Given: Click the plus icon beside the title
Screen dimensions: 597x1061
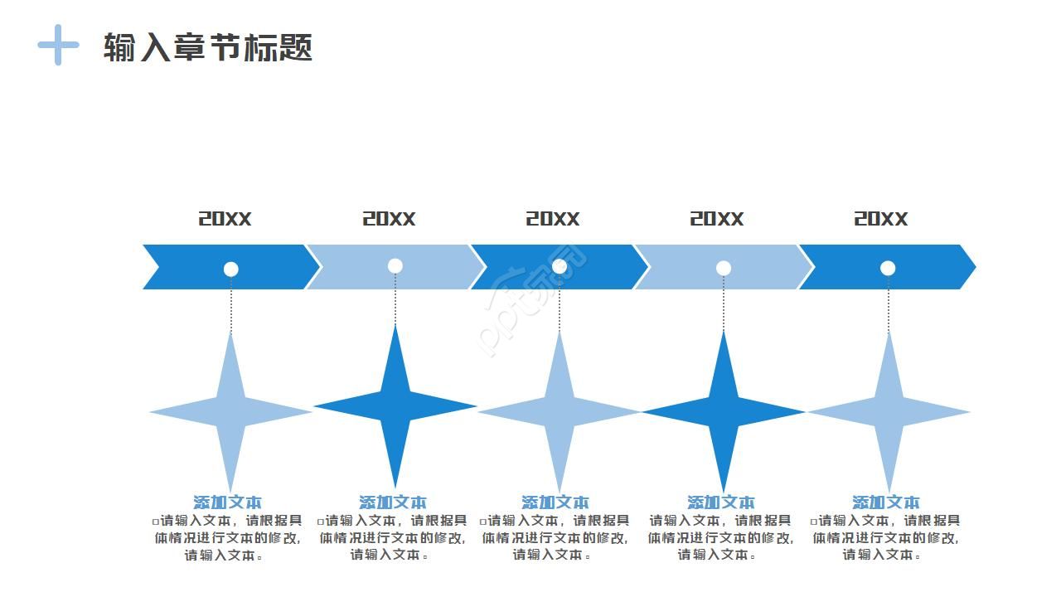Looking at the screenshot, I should [58, 45].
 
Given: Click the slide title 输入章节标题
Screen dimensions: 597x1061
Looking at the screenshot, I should [207, 47].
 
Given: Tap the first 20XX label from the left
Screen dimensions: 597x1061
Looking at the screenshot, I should [225, 219].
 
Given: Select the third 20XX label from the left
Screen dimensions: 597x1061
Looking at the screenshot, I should [553, 219].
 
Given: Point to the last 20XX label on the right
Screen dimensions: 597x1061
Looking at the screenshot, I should [881, 219].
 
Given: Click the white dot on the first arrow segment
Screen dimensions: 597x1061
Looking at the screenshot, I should [231, 269].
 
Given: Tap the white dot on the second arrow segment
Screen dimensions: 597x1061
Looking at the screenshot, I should [395, 266].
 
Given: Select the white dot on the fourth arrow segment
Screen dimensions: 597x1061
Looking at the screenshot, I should [724, 268].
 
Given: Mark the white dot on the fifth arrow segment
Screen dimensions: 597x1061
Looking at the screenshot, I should [888, 268].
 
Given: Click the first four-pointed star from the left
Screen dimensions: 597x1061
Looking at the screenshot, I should [230, 411].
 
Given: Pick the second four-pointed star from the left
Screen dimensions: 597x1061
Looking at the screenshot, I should [395, 406].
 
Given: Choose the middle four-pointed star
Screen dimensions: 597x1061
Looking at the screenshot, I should [560, 411].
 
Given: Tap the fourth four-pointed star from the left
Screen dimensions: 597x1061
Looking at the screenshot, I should [724, 411].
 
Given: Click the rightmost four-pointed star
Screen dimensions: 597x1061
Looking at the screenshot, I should [889, 411].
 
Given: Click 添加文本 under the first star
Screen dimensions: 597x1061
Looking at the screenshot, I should [227, 502].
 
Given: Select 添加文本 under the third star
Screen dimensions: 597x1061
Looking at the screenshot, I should [555, 502].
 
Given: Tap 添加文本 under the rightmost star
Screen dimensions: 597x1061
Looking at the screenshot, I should [886, 502].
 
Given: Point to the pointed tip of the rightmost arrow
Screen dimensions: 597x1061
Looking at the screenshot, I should [973, 267].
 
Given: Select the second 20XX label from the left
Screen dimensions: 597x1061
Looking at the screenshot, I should [389, 219].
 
